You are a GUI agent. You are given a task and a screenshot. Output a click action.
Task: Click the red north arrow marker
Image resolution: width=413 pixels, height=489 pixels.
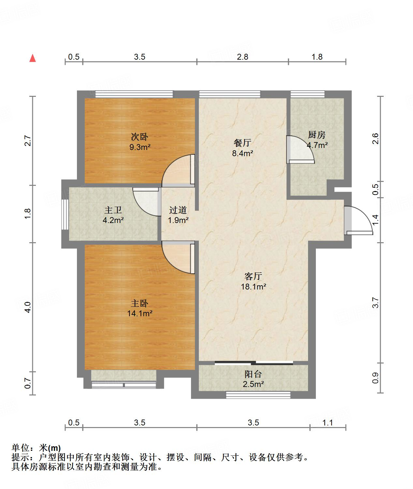click(33, 58)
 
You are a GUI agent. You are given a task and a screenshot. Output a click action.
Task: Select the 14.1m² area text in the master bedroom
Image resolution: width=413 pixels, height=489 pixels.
click(140, 314)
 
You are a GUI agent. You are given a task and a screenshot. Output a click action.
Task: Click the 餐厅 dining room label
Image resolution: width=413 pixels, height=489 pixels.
click(242, 143)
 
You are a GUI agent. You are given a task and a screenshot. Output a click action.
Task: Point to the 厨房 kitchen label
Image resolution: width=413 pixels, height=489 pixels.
click(317, 135)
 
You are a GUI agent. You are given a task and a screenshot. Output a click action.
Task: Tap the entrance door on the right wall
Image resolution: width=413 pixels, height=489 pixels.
click(358, 221)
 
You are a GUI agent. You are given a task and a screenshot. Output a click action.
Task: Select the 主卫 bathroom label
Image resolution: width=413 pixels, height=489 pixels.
click(113, 210)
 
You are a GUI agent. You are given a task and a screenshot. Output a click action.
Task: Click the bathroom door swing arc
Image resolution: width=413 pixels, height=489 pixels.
click(146, 202)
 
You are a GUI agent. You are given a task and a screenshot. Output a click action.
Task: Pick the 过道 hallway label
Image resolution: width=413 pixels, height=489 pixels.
click(178, 210)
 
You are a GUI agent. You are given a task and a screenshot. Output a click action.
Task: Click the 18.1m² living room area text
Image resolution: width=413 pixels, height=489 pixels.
click(253, 287)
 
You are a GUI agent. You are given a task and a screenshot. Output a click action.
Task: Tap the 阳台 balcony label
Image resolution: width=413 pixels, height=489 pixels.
click(253, 374)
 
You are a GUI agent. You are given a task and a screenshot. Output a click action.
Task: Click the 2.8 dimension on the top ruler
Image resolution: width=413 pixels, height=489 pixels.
click(243, 57)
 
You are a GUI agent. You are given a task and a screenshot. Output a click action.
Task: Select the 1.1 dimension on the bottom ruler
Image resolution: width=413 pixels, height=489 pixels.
click(327, 423)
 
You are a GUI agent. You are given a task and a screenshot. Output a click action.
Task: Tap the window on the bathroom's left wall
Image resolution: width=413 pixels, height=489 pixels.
click(65, 214)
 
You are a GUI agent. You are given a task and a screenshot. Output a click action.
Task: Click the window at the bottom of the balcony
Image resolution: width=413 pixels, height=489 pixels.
click(258, 395)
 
